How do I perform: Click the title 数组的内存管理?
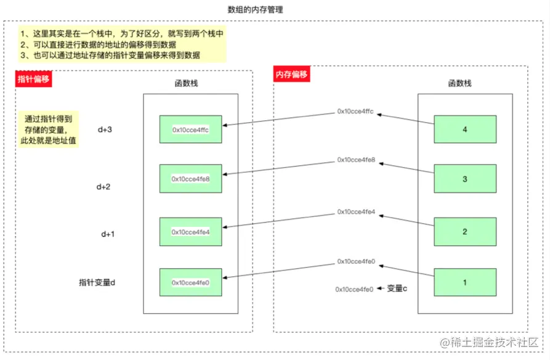coord(256,10)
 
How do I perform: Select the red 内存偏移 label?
coord(291,75)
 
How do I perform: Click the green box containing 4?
coord(465,130)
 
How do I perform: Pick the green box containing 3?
coord(465,179)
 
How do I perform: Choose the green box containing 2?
coord(465,232)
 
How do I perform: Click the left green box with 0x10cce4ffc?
coord(191,130)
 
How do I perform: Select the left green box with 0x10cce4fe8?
coord(191,179)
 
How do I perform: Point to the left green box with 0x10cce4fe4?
coord(191,232)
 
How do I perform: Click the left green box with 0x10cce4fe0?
coord(191,282)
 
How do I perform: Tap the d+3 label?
coord(105,130)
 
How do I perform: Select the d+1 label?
coord(108,234)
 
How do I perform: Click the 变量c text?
coord(397,288)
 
